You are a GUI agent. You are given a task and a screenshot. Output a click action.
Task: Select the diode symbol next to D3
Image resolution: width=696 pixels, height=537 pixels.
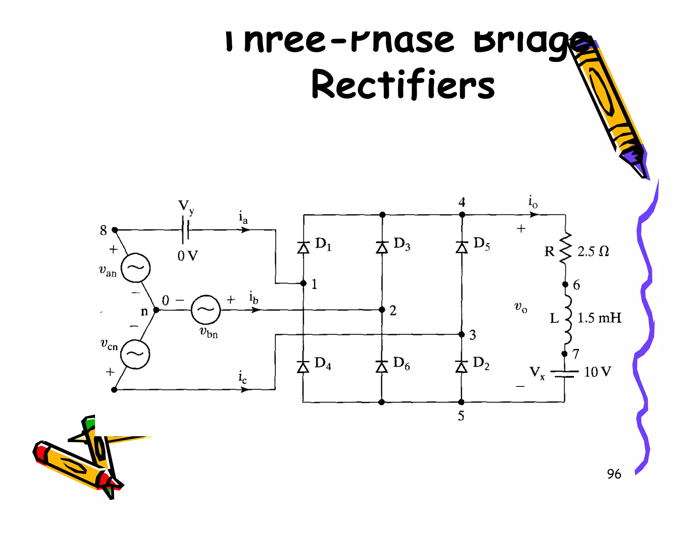(x=382, y=247)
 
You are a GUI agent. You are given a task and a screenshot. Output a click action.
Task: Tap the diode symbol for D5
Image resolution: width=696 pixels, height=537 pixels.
(x=462, y=247)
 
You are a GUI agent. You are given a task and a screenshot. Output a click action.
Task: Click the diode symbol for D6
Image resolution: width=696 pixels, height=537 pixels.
(x=382, y=367)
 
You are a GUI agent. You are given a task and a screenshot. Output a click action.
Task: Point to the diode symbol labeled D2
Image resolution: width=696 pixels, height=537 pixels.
(x=461, y=367)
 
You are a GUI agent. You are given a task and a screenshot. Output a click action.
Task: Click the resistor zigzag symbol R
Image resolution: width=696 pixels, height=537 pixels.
(x=565, y=248)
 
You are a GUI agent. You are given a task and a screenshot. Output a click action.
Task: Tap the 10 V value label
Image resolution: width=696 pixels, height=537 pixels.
(x=597, y=372)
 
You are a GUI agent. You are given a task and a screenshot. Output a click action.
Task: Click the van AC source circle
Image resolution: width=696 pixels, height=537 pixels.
(x=136, y=268)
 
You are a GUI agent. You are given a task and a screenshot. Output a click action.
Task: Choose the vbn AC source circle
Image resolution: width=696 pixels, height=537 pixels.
(x=206, y=310)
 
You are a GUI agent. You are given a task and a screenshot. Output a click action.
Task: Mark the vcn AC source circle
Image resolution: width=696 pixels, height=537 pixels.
(x=135, y=354)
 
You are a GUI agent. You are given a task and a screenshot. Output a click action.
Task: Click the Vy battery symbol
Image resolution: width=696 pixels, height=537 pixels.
(x=186, y=230)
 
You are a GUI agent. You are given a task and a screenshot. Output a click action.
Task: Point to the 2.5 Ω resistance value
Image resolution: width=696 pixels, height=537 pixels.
(x=593, y=251)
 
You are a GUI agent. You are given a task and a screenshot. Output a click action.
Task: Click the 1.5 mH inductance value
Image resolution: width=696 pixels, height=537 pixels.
(x=599, y=318)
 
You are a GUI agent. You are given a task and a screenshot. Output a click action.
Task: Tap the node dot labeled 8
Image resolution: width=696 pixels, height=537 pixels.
(x=115, y=230)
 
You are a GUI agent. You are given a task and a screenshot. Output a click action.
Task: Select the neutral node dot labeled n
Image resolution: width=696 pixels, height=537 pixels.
(x=156, y=310)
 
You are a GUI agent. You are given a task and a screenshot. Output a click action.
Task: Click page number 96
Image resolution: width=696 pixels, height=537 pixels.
(x=614, y=474)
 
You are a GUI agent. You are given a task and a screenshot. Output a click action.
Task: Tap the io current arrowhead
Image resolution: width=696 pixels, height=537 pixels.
(x=534, y=215)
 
